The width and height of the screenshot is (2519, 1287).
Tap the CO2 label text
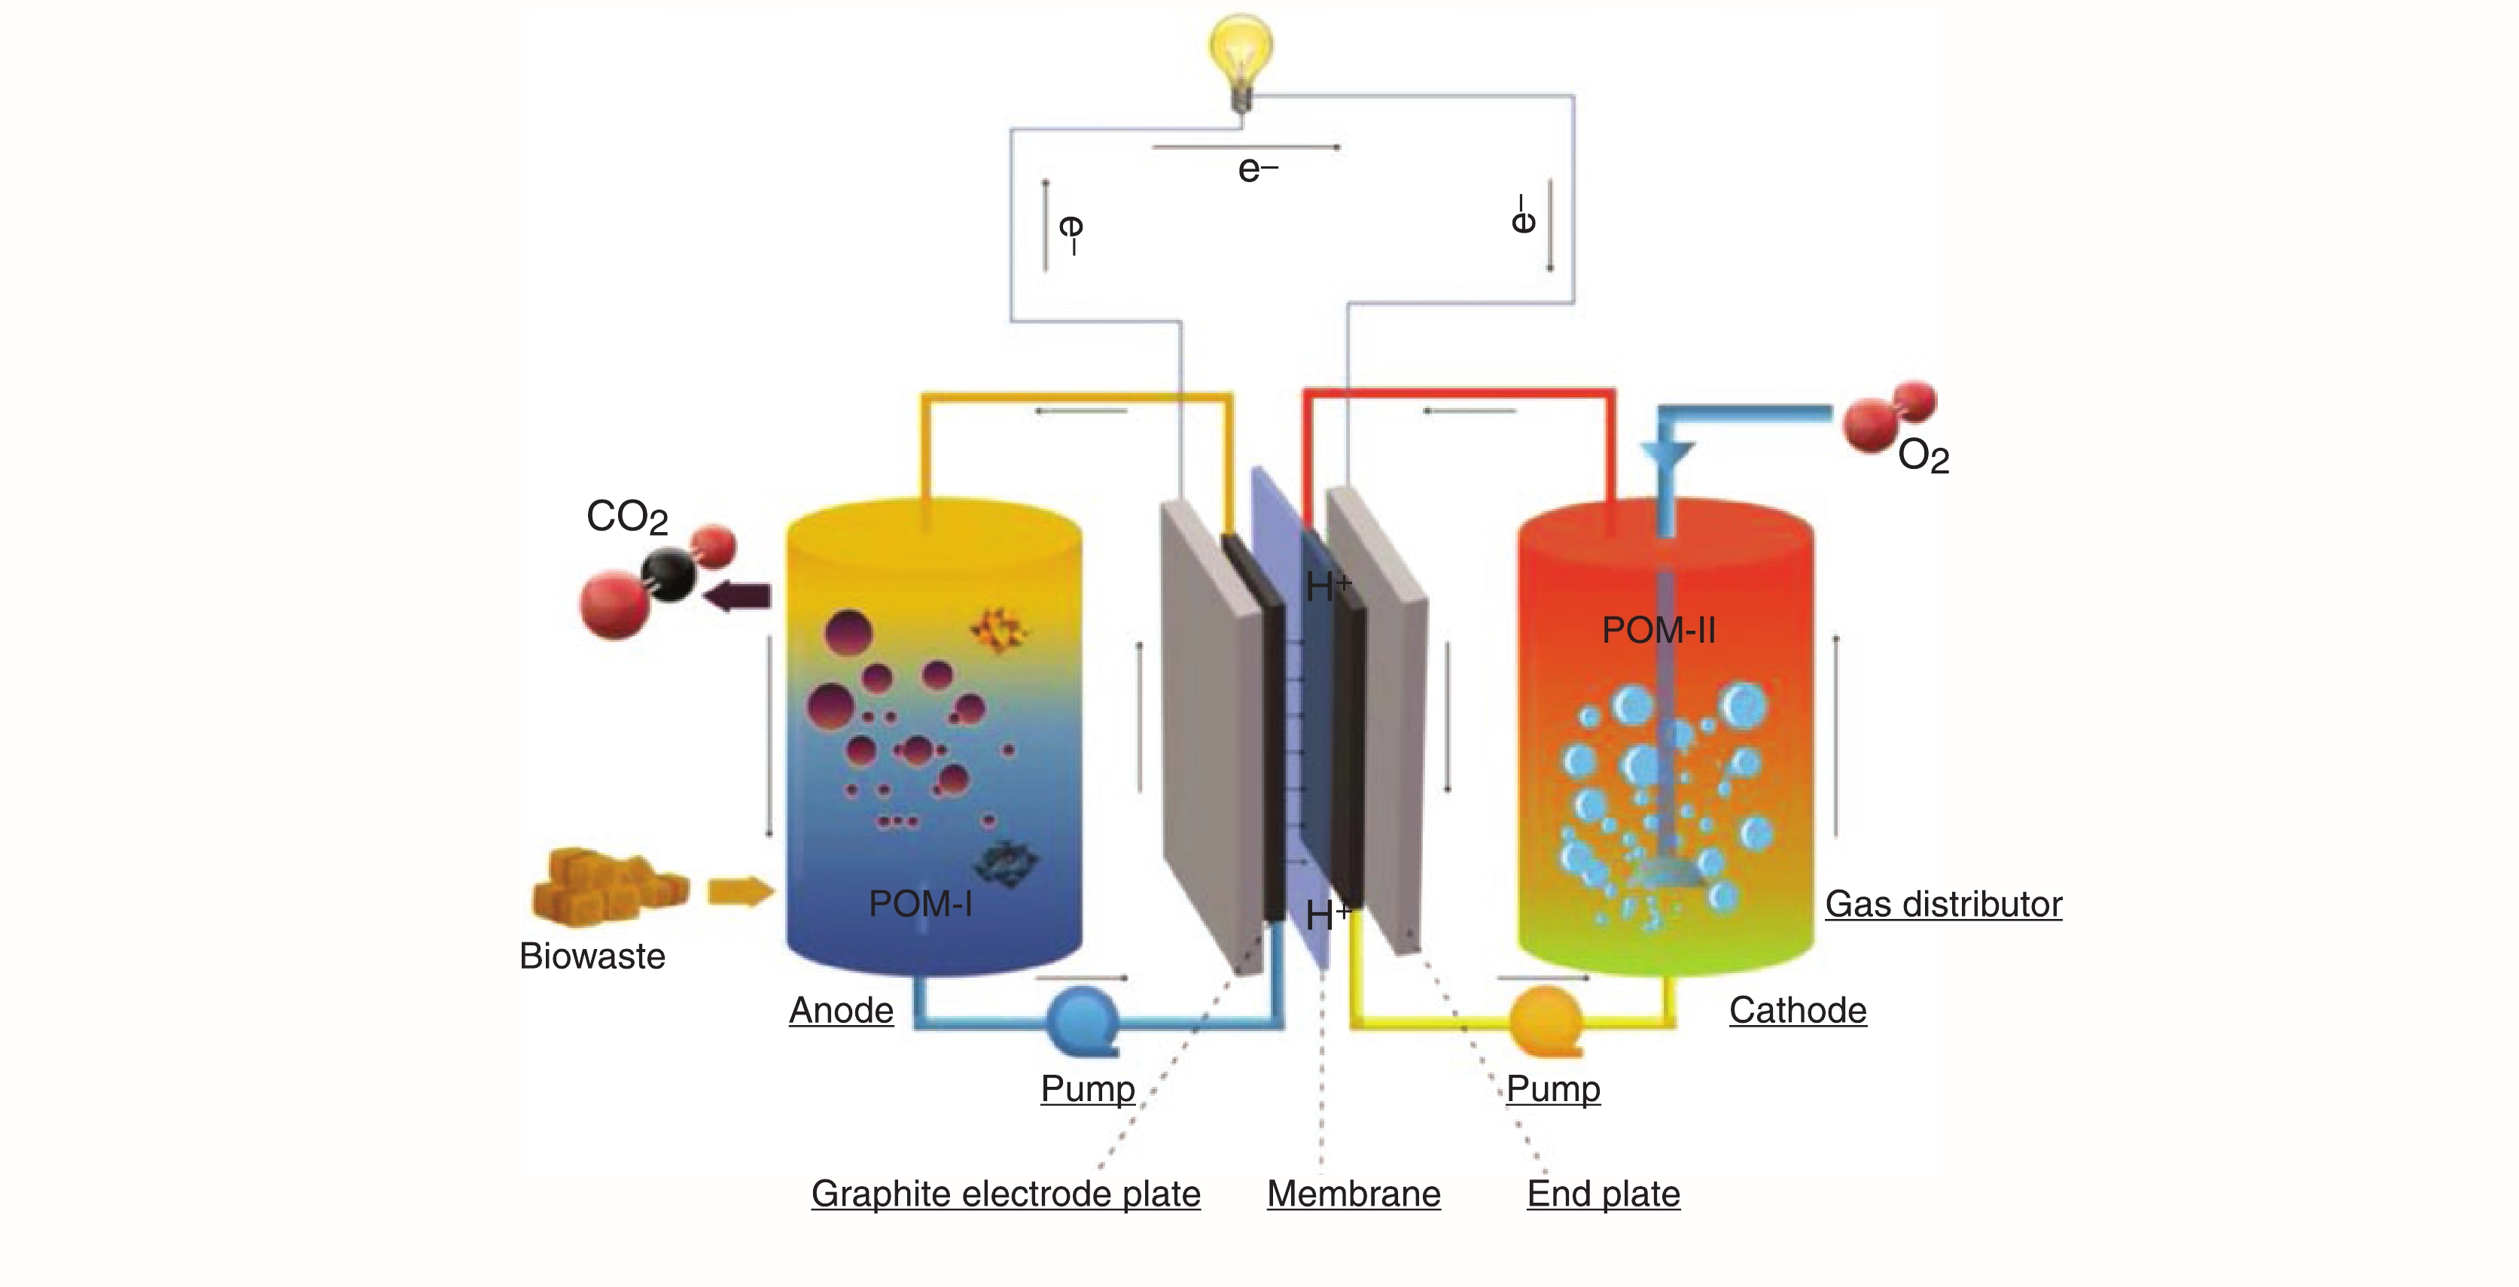[627, 516]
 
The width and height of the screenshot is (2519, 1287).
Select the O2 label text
[1923, 457]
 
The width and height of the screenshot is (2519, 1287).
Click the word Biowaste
[592, 956]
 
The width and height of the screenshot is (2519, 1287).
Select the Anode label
[841, 1010]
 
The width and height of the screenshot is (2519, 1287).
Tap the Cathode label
[1797, 1010]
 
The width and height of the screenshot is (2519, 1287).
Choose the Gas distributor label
[1943, 904]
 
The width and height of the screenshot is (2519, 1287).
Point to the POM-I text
[920, 904]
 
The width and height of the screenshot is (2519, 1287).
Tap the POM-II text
[1659, 630]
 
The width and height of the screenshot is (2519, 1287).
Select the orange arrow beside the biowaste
[739, 891]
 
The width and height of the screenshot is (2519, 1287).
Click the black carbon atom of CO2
[668, 575]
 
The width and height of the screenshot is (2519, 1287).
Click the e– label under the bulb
[1257, 170]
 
